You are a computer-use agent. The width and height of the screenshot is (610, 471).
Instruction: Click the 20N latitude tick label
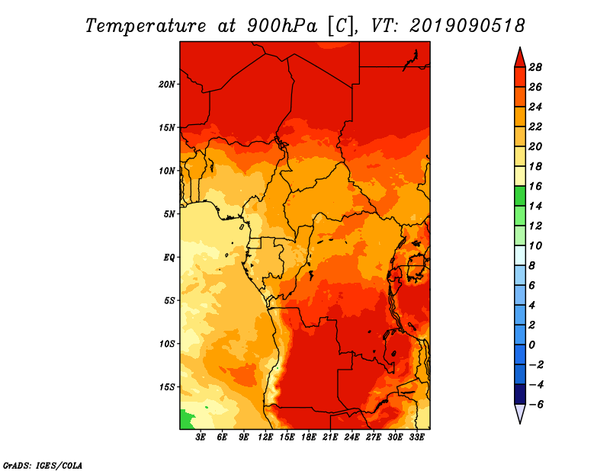pyautogui.click(x=167, y=84)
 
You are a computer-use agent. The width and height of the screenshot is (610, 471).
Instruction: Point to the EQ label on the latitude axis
pyautogui.click(x=169, y=257)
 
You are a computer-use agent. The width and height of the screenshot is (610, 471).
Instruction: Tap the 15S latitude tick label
pyautogui.click(x=167, y=386)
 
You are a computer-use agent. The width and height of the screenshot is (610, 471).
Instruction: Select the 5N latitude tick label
pyautogui.click(x=169, y=213)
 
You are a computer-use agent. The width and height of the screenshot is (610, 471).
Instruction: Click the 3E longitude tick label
pyautogui.click(x=201, y=437)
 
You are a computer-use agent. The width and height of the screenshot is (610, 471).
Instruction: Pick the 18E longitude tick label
pyautogui.click(x=309, y=437)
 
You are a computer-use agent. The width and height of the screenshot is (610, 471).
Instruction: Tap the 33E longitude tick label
pyautogui.click(x=416, y=437)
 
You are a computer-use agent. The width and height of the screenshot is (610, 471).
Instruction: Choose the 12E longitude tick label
pyautogui.click(x=265, y=437)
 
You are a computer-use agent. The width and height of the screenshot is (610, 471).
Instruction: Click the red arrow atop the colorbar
pyautogui.click(x=519, y=57)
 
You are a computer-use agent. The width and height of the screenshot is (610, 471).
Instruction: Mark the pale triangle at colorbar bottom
pyautogui.click(x=519, y=413)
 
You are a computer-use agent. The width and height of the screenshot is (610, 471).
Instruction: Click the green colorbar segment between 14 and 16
pyautogui.click(x=519, y=196)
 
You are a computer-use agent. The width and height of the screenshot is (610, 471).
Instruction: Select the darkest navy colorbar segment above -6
pyautogui.click(x=519, y=394)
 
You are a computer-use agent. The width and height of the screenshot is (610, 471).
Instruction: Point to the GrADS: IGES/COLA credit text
pyautogui.click(x=43, y=464)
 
